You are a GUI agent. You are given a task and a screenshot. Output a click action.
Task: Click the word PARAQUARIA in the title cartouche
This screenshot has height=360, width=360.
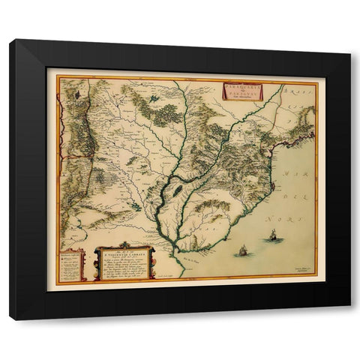(241, 87)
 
